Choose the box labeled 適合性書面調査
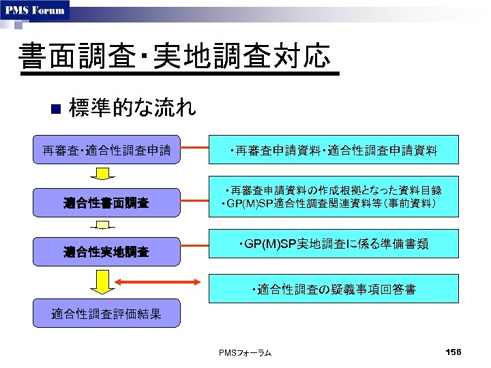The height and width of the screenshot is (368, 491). point(107,203)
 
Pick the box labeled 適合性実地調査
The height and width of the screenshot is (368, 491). point(107,252)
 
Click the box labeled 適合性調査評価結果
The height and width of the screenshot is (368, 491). point(107,313)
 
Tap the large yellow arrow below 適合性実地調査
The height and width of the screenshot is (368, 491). point(103,280)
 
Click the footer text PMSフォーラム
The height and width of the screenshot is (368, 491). point(245,352)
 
